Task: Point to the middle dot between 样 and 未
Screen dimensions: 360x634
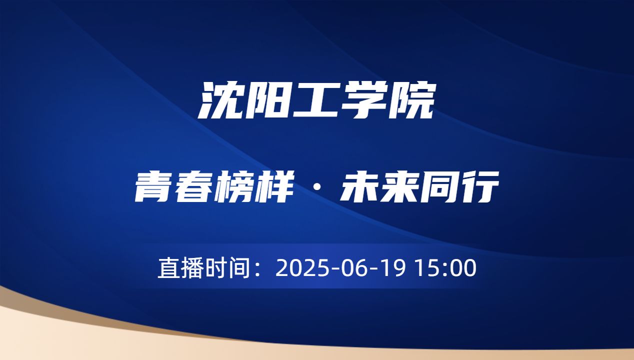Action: (317, 189)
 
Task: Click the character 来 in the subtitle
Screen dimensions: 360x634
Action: (399, 188)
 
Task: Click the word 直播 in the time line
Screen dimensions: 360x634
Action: (180, 268)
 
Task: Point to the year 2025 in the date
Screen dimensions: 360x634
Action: (300, 268)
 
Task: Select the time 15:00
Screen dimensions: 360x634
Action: (446, 268)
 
